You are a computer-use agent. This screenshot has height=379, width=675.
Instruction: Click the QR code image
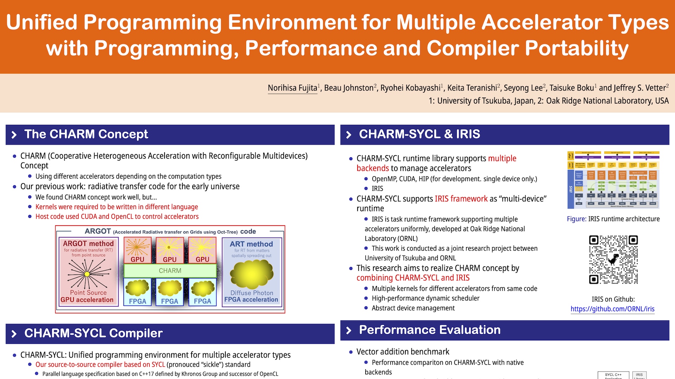(613, 259)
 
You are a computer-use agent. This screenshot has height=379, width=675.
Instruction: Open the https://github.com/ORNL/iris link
(612, 309)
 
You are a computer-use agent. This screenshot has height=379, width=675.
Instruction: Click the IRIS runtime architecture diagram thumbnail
(613, 180)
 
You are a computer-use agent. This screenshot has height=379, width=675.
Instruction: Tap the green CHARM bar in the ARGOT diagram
(170, 271)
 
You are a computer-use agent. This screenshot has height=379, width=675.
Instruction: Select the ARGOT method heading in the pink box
(88, 244)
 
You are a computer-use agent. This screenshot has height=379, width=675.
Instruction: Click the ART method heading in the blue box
(251, 244)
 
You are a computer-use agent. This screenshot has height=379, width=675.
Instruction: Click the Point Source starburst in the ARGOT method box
(87, 274)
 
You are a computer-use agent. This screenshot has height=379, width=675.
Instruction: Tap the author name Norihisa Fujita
(292, 88)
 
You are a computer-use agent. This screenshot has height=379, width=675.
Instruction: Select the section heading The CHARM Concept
(86, 134)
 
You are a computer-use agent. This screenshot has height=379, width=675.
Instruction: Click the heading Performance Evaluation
(430, 330)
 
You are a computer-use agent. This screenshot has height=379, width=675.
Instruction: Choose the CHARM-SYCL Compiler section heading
(93, 333)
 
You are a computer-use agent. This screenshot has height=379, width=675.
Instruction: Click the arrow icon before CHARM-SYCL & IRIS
(349, 135)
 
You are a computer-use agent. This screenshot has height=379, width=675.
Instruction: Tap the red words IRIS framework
(461, 199)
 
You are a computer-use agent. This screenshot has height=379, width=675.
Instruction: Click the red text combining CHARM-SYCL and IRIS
(413, 278)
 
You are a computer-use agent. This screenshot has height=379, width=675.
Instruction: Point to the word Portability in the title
(577, 48)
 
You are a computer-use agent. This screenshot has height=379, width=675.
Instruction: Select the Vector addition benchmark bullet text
(403, 352)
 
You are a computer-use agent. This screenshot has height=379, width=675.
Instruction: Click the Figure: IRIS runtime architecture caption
(613, 219)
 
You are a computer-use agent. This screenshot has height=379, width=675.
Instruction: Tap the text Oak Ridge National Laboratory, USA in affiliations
(607, 101)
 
